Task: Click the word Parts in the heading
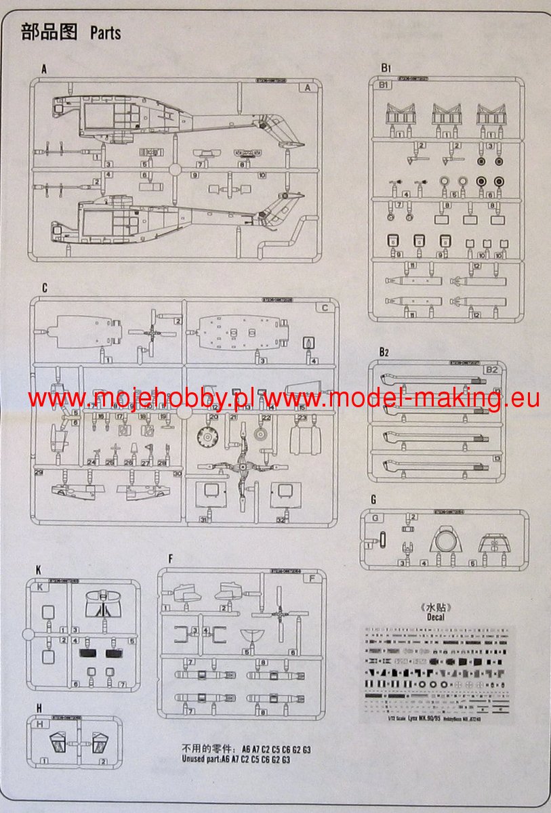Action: click(105, 33)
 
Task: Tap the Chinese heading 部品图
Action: click(49, 32)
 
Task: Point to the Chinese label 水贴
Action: click(436, 606)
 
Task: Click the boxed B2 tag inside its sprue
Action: click(493, 370)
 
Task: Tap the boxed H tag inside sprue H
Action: click(40, 724)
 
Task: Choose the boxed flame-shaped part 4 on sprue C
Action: click(311, 343)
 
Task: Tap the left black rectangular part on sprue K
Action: click(89, 654)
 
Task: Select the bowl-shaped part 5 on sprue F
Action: click(254, 637)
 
